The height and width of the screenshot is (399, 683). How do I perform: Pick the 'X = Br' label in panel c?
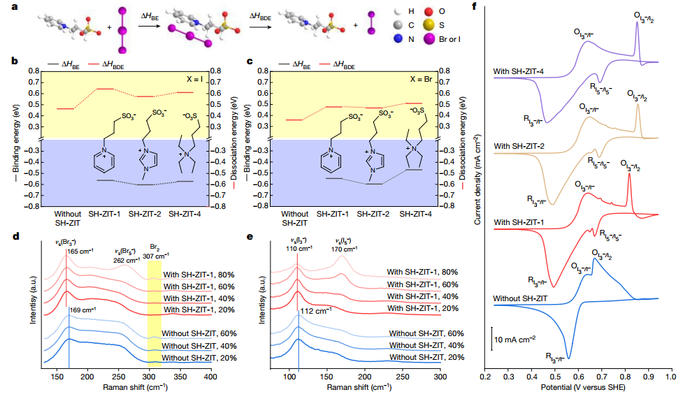tap(429, 78)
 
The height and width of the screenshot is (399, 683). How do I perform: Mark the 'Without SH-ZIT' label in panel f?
tap(519, 299)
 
